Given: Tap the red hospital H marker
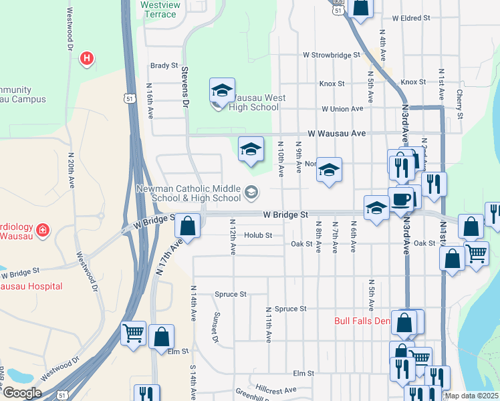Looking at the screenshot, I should coord(86,59).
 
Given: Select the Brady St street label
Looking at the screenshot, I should coord(164,66).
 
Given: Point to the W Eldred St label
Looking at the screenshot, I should coord(414,19).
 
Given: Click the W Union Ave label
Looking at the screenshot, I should coord(342,108).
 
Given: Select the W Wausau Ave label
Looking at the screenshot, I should coord(336,134).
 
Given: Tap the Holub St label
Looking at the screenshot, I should coord(258,235).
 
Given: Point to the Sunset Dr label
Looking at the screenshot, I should coord(215,327).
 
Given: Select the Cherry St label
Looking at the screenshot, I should coord(460,104).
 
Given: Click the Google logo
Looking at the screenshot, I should coord(22,393).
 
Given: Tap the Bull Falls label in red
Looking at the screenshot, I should coord(362,321).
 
